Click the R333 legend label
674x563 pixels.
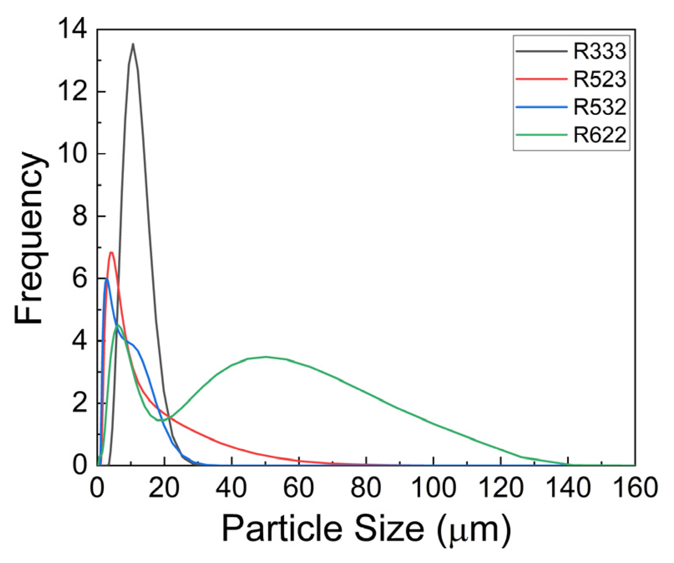[600, 51]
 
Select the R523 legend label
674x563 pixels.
[600, 79]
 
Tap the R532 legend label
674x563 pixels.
[600, 107]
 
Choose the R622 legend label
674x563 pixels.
[600, 135]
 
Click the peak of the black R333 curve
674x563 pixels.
[133, 44]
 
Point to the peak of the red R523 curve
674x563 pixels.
[111, 252]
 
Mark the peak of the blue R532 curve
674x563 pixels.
[107, 278]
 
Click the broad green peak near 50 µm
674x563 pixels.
[266, 357]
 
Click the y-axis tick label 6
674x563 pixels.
[79, 278]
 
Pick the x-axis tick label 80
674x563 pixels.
[366, 487]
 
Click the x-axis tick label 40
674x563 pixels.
[232, 487]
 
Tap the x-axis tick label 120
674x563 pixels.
[500, 487]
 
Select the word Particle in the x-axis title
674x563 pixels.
[284, 528]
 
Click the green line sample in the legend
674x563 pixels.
[541, 135]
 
